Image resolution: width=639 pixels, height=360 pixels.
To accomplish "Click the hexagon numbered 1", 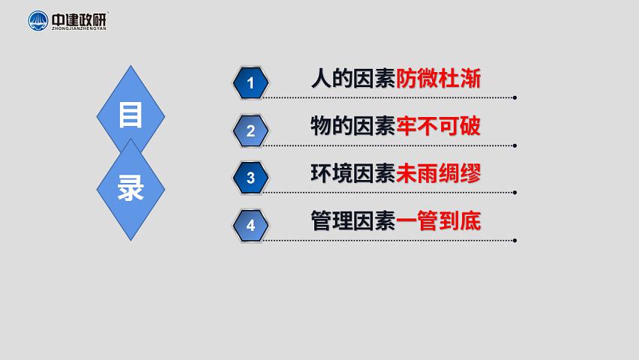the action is pos(250,82).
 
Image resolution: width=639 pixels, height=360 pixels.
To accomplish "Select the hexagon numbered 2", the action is pos(250,130).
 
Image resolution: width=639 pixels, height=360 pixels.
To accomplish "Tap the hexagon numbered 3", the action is pos(250,178).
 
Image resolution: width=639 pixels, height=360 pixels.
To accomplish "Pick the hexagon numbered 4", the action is pos(250,225).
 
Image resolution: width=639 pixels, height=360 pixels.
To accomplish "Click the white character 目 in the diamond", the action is pos(130,115).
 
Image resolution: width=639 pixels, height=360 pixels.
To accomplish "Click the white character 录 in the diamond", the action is pos(130,187).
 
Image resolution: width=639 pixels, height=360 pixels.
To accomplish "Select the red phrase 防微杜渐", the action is pos(439,78).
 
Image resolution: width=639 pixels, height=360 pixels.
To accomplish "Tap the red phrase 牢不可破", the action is pos(439,126).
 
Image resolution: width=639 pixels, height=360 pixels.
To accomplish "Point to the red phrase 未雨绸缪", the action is pos(439,174).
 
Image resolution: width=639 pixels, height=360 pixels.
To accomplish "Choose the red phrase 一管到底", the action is pos(439,221).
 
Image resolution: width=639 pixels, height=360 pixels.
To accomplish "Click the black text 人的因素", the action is pos(353,78).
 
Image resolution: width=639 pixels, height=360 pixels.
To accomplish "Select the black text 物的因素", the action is pos(353,126).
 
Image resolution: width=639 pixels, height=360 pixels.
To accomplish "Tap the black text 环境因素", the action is pos(353,174).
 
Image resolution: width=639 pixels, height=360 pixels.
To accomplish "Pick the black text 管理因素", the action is pos(353,221).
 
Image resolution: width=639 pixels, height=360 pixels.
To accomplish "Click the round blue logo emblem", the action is pos(38,21).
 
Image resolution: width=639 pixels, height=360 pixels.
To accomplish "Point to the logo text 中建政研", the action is pos(79,19).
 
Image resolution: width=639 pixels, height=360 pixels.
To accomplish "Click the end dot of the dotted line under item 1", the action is pos(515,97).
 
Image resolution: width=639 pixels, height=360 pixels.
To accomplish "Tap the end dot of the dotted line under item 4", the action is pos(515,241).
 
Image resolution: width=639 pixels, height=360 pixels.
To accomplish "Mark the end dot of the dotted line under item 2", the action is pos(515,145).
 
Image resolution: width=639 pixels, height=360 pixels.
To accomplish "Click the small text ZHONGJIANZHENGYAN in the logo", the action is pos(79,28).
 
